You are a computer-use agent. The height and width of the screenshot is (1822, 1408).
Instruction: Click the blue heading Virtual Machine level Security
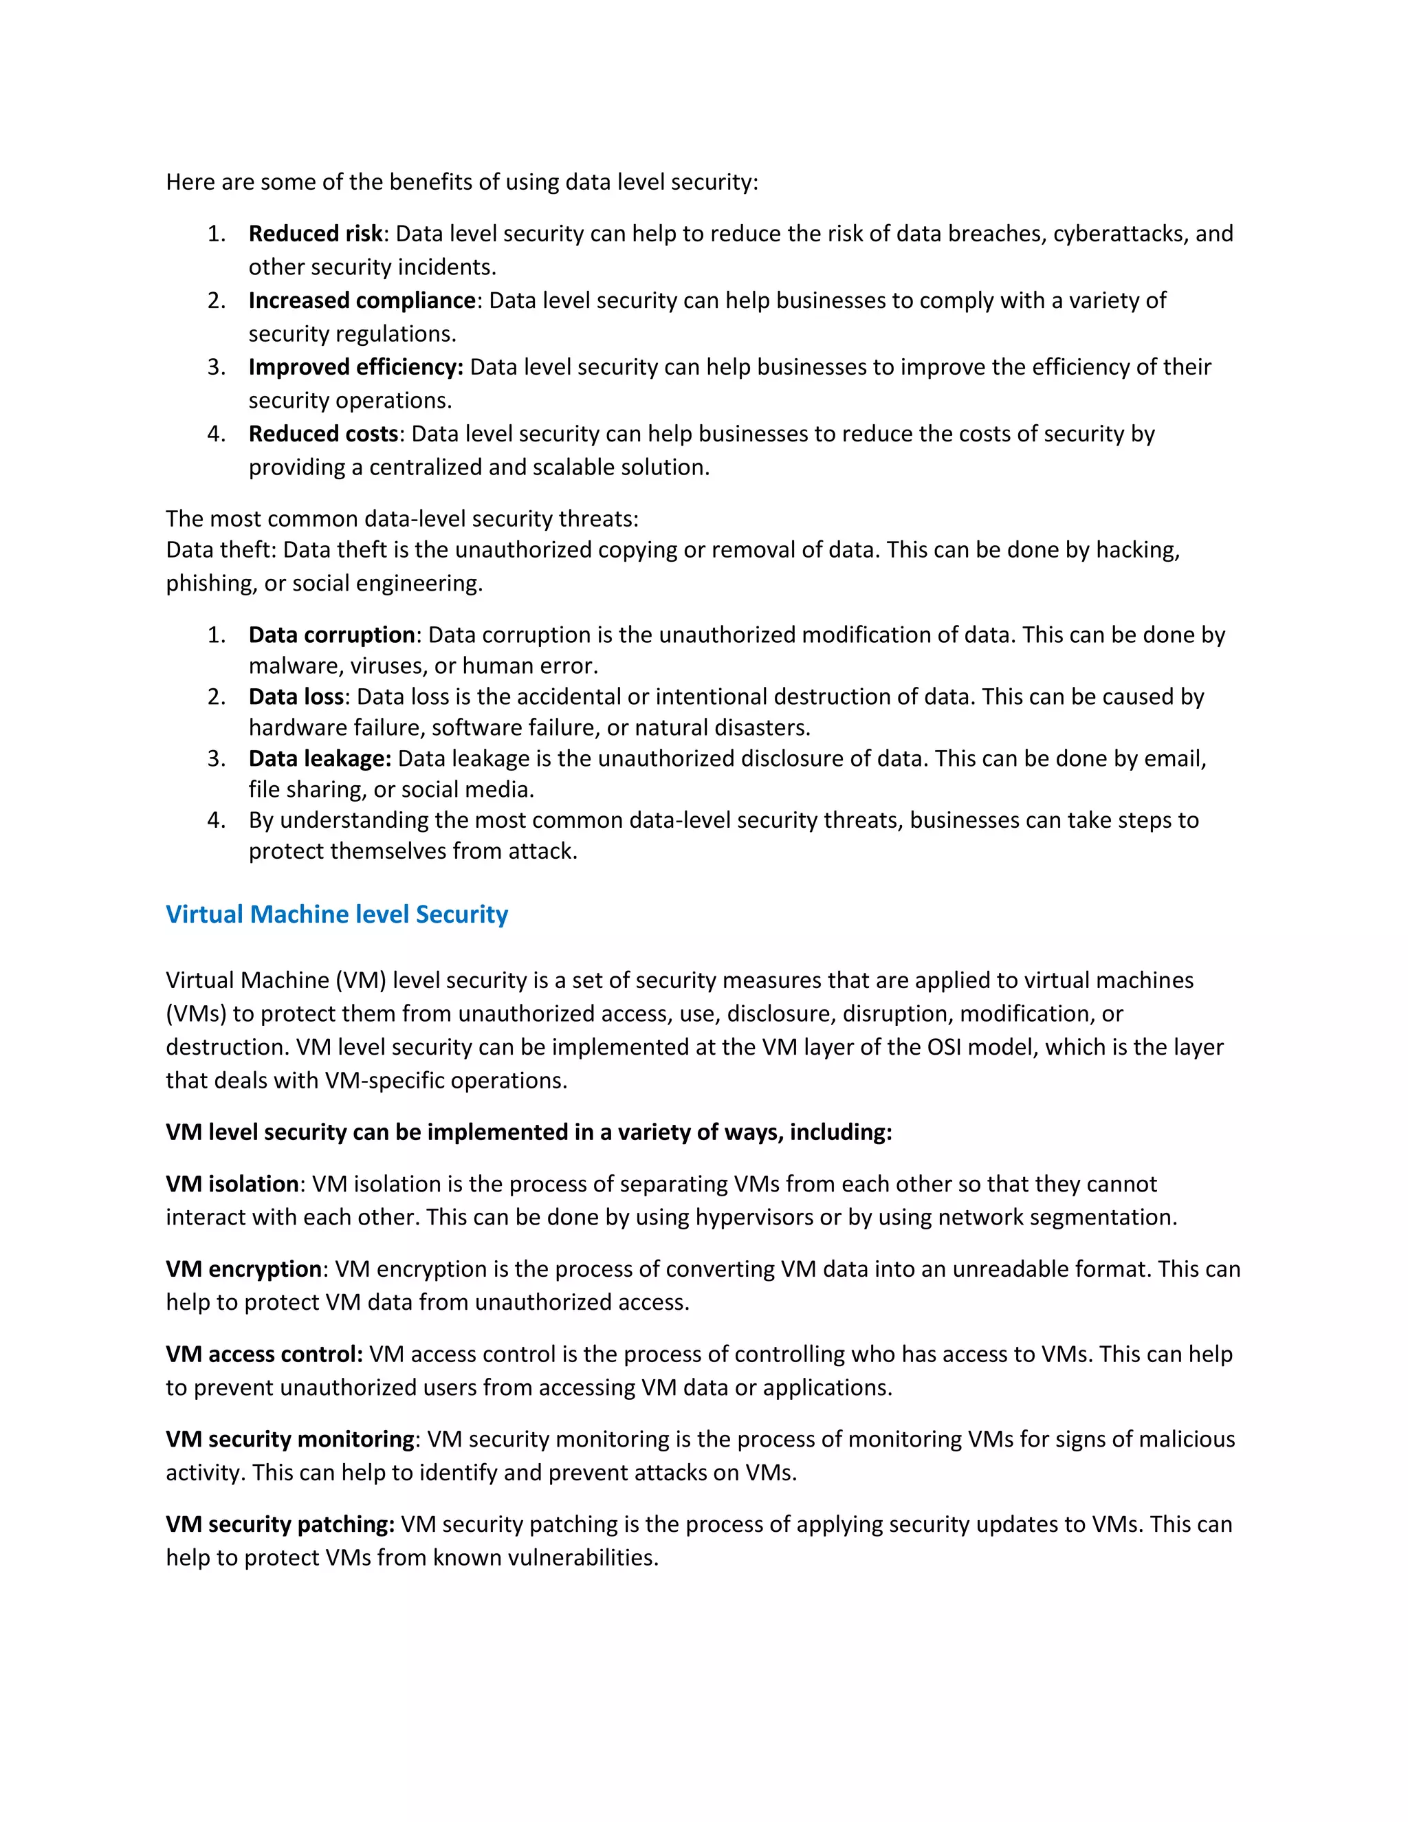pos(336,914)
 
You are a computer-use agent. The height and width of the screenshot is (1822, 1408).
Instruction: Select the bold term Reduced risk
pos(316,234)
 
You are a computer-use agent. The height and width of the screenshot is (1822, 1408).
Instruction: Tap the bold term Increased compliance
pos(362,300)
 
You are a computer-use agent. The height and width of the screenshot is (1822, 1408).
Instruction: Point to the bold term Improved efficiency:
pos(355,367)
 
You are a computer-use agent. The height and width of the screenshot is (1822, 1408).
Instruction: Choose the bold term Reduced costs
pos(323,434)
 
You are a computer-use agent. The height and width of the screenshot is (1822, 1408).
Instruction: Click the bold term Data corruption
pos(331,635)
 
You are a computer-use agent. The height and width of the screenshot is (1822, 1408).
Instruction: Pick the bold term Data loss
pos(296,696)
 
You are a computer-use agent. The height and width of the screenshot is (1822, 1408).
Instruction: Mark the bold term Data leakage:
pos(320,758)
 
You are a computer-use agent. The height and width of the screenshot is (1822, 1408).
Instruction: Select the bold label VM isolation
pos(232,1184)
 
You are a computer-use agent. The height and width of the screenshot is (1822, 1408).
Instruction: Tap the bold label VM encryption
pos(243,1269)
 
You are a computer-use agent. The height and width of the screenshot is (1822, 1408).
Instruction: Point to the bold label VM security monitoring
pos(290,1439)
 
